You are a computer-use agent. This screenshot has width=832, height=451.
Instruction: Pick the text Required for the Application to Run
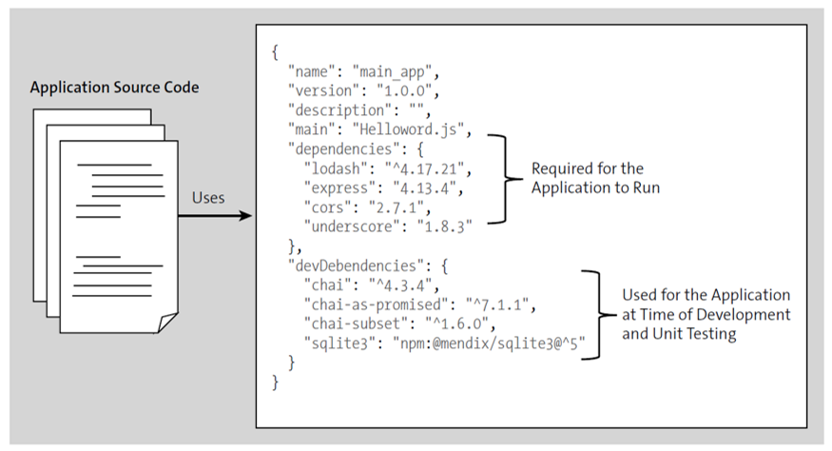tap(582, 179)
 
